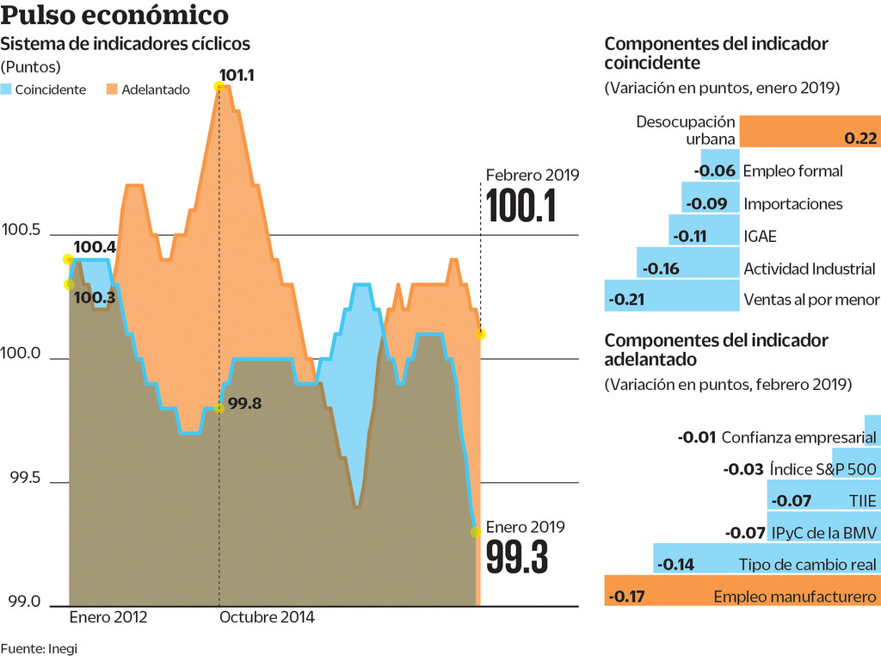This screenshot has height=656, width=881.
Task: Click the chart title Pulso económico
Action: (114, 15)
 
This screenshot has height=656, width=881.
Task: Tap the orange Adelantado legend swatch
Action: (112, 89)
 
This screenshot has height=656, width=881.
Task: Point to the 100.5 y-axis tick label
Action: (22, 231)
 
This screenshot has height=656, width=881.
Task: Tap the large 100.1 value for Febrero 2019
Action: (521, 207)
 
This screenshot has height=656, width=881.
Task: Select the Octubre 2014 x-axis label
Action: (267, 617)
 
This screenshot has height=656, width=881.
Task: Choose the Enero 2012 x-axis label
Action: (108, 617)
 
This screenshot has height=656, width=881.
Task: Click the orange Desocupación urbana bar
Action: (809, 130)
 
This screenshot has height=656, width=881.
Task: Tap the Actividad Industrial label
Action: (809, 269)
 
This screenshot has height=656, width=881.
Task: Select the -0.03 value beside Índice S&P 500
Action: (744, 469)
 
